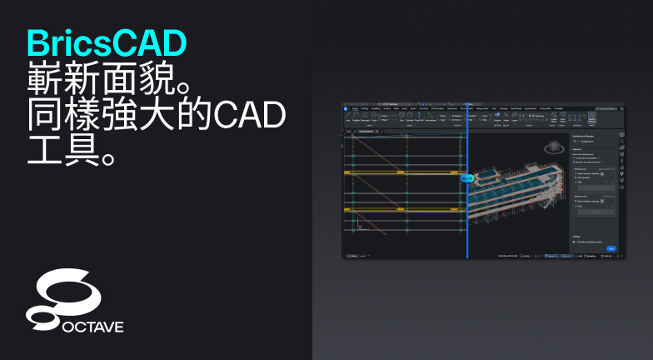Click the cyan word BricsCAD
point(107,42)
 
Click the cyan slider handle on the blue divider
point(467,177)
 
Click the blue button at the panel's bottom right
point(611,248)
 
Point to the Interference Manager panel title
point(588,133)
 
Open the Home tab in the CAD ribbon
point(355,108)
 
